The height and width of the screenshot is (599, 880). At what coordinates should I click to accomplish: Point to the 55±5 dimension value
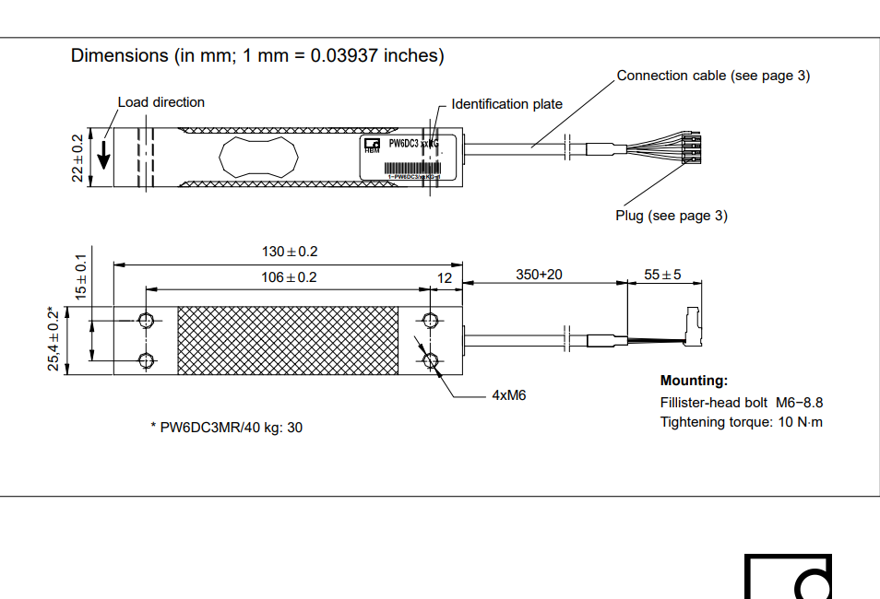tap(662, 275)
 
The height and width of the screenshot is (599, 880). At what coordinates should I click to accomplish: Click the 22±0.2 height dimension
tap(77, 158)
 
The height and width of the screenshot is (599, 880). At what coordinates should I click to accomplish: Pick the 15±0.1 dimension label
tap(80, 276)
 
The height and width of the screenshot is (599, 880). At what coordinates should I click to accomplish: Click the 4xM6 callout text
tap(508, 396)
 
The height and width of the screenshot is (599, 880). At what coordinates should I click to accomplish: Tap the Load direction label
tap(161, 102)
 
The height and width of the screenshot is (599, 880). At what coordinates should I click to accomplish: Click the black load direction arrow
tap(104, 154)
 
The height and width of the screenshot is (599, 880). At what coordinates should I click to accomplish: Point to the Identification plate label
tap(506, 104)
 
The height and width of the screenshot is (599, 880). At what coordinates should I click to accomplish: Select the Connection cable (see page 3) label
tap(713, 76)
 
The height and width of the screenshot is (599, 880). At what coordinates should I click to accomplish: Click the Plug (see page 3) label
tap(672, 216)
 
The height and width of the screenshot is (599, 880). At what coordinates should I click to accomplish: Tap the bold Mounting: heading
tap(694, 381)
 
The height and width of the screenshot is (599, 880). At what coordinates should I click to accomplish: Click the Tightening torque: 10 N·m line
tap(741, 422)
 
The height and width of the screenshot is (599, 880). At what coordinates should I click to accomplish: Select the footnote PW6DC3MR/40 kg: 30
tap(226, 428)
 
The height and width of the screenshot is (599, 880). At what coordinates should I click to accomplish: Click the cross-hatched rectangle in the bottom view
tap(288, 341)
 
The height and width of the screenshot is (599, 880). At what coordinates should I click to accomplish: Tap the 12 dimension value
tap(446, 276)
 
